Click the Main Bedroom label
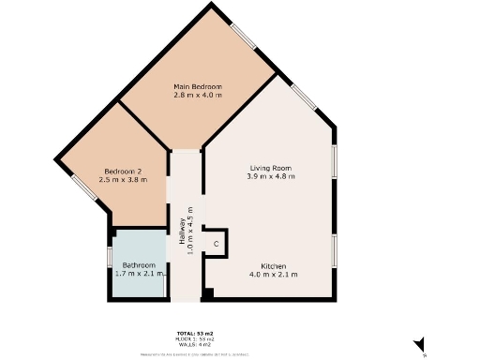(x=198, y=86)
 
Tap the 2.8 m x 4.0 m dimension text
(x=198, y=95)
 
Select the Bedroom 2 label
(x=123, y=172)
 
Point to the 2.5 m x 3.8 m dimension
(x=123, y=180)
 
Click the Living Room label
(x=271, y=168)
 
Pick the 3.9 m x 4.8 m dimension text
(x=271, y=176)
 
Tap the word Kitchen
(x=274, y=266)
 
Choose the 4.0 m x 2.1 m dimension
(x=274, y=275)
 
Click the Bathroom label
(x=139, y=265)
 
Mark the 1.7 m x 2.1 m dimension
(x=139, y=274)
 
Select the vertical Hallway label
(x=180, y=231)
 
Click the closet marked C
(x=216, y=244)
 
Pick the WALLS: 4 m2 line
(x=195, y=346)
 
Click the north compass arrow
(x=420, y=346)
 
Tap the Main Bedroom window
(x=245, y=35)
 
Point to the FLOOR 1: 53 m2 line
(x=195, y=340)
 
